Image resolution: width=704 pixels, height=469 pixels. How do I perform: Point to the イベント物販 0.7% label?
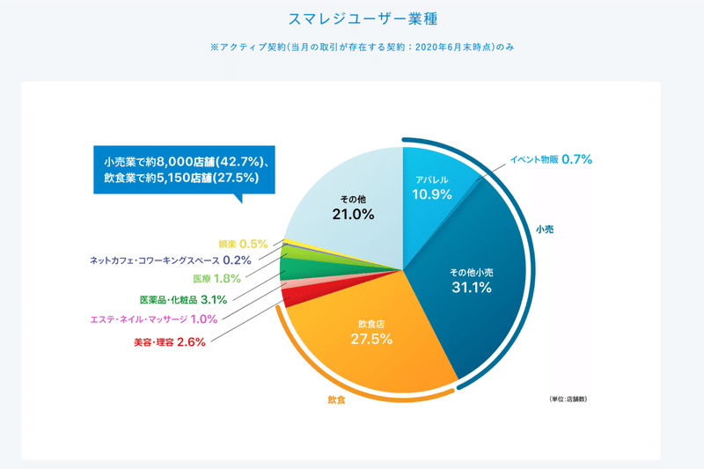pyautogui.click(x=551, y=159)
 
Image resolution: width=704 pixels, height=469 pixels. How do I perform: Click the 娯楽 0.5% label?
pyautogui.click(x=243, y=243)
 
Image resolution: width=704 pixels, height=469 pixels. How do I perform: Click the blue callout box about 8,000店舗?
pyautogui.click(x=185, y=169)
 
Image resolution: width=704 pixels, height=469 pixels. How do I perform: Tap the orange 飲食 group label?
pyautogui.click(x=336, y=400)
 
